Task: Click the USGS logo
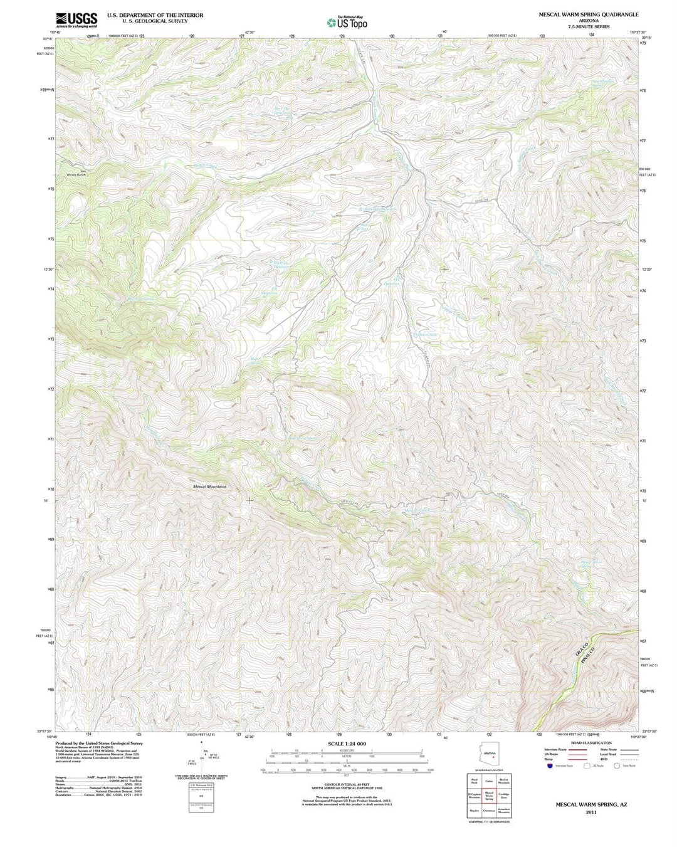76,20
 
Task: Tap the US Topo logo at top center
347,22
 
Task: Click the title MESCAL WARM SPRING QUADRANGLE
589,14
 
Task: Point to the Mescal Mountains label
209,487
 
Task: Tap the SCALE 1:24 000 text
347,744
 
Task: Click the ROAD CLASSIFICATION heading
591,742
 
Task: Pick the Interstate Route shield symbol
550,765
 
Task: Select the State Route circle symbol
616,765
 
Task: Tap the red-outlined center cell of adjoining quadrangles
489,795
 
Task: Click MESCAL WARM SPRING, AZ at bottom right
591,804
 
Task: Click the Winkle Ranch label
76,173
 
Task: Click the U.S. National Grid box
201,797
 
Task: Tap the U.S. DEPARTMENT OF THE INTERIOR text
155,15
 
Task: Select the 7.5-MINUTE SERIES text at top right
589,27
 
